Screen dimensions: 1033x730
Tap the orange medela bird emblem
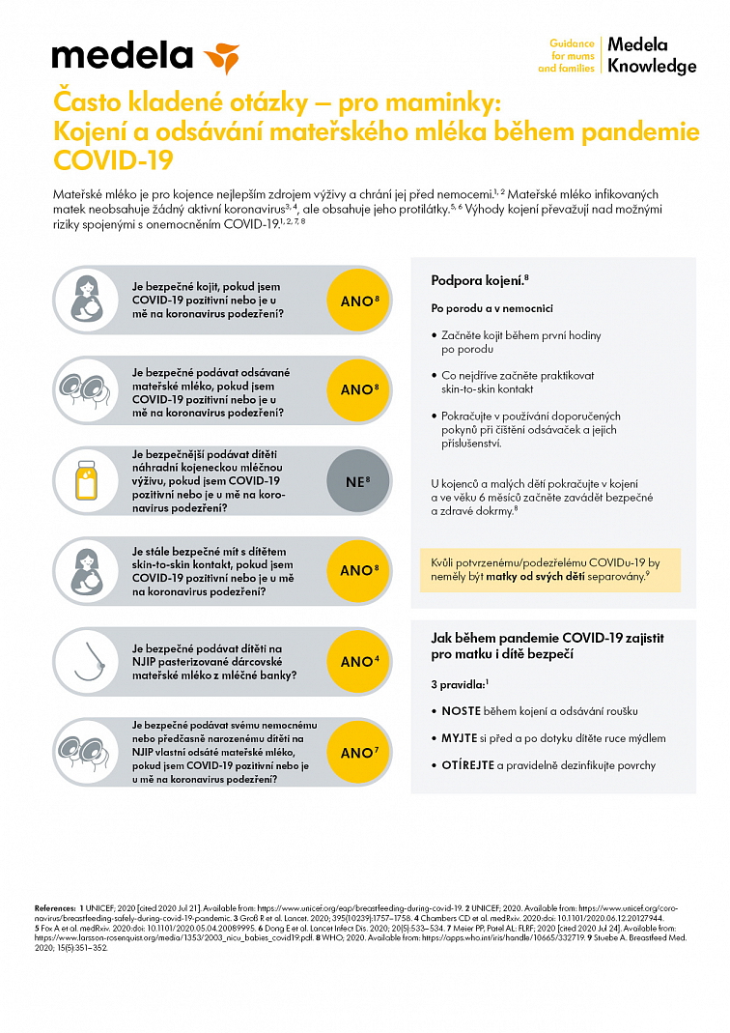(x=221, y=57)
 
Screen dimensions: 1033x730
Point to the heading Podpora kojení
(x=479, y=280)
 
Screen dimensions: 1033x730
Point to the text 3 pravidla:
(x=460, y=683)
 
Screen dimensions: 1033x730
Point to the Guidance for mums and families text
(x=572, y=56)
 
